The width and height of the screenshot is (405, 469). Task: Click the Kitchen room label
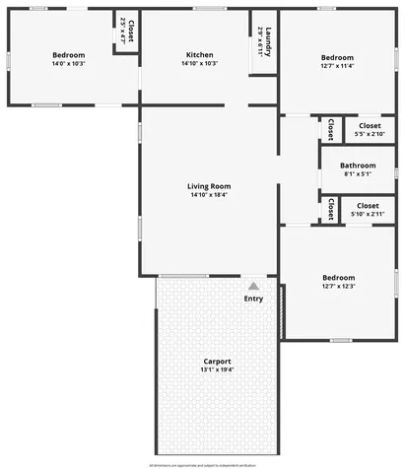(199, 55)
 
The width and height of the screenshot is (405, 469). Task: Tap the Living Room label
(210, 186)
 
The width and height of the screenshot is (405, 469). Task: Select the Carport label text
(217, 362)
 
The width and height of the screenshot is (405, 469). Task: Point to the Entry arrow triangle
(253, 286)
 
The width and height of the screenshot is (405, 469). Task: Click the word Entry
(253, 299)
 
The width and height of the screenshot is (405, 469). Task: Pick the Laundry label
(267, 39)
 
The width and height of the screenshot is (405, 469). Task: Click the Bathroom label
(358, 166)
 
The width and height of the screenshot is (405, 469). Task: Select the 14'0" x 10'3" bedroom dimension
(68, 64)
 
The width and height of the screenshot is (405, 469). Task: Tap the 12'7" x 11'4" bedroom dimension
(337, 67)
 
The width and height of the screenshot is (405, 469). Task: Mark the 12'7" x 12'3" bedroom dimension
(337, 287)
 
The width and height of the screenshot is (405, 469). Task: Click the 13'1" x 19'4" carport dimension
(217, 370)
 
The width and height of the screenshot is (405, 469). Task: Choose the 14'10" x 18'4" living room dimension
(210, 195)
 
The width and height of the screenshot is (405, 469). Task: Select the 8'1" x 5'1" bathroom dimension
(358, 174)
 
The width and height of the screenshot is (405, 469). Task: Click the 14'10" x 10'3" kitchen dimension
(199, 64)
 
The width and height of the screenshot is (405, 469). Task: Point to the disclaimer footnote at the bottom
(202, 464)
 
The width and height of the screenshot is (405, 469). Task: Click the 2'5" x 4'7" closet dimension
(123, 32)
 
